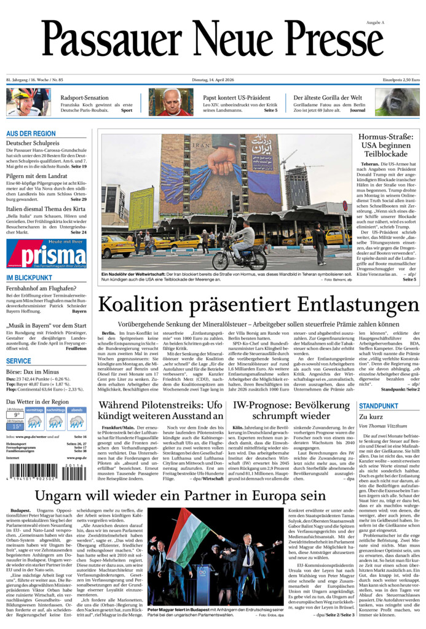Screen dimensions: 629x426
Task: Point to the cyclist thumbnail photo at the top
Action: pyautogui.click(x=28, y=102)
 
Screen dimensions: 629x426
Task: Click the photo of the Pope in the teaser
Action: pyautogui.click(x=170, y=102)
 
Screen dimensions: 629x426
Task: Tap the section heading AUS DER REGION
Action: pyautogui.click(x=31, y=134)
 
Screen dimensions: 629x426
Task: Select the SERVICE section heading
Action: pyautogui.click(x=18, y=361)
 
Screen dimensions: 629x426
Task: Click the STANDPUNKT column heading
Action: pyautogui.click(x=379, y=406)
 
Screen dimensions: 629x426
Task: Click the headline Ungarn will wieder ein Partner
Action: pyautogui.click(x=179, y=496)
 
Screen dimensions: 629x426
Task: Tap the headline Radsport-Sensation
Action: pyautogui.click(x=85, y=98)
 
